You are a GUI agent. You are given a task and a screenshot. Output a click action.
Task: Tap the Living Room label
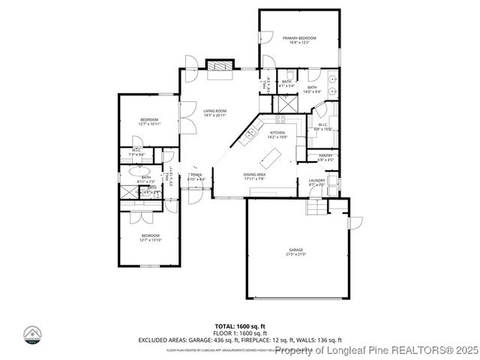click(214, 113)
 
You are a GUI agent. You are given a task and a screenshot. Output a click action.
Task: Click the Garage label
click(295, 252)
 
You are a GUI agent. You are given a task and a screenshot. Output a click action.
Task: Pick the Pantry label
click(325, 157)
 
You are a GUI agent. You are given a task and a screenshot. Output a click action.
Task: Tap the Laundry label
click(316, 182)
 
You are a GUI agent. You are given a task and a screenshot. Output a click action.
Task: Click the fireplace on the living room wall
click(218, 68)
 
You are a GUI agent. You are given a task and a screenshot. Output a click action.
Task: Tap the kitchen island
click(271, 158)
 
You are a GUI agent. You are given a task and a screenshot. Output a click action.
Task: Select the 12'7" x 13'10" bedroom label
click(149, 238)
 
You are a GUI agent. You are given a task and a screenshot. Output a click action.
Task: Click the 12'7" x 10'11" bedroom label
click(149, 122)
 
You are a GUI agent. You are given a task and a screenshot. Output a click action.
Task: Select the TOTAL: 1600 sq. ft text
click(239, 326)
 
